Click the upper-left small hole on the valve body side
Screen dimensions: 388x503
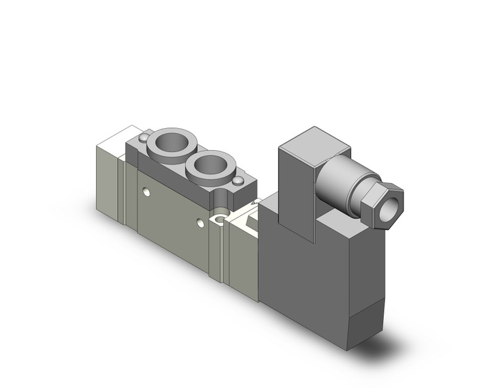[x=146, y=192]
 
